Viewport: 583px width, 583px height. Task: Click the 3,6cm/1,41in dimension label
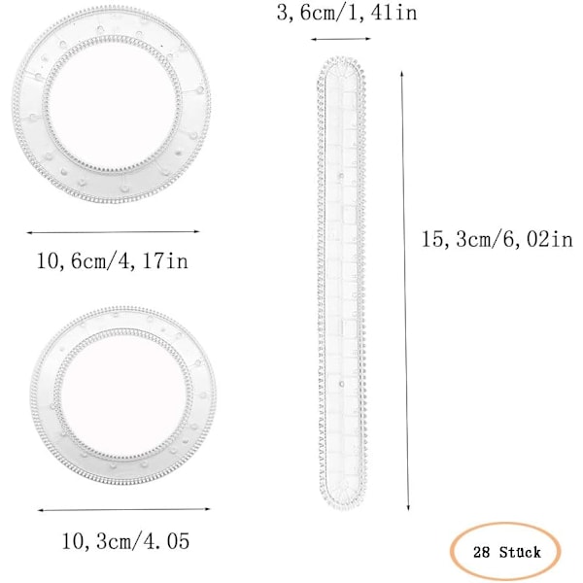pyautogui.click(x=347, y=13)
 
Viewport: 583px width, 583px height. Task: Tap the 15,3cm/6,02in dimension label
pyautogui.click(x=497, y=239)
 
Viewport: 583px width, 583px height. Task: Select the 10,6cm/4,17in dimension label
pyautogui.click(x=113, y=260)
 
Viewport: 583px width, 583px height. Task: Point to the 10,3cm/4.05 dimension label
pyautogui.click(x=125, y=541)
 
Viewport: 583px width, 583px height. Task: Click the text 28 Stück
pyautogui.click(x=507, y=552)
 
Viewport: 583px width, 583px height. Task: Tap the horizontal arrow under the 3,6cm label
pyautogui.click(x=341, y=39)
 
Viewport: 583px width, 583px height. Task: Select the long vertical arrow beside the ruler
pyautogui.click(x=405, y=291)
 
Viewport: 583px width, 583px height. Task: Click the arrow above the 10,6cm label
pyautogui.click(x=113, y=232)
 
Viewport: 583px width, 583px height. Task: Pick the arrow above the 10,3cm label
pyautogui.click(x=124, y=510)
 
